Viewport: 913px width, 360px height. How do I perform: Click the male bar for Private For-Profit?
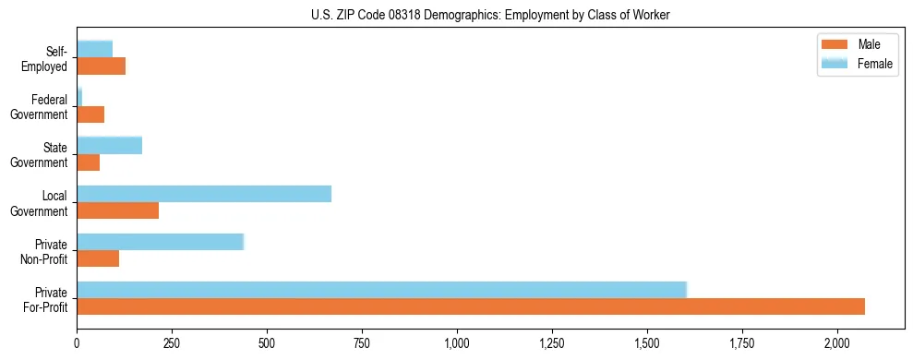coord(471,306)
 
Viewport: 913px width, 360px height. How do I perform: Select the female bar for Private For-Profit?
coord(381,289)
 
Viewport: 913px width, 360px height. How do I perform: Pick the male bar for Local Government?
coord(118,210)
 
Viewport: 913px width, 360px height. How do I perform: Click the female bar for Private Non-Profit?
coord(160,241)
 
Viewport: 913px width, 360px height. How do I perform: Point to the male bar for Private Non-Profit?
coord(98,258)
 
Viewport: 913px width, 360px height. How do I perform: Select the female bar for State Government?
coord(109,145)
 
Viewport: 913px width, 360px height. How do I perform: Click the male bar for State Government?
coord(88,162)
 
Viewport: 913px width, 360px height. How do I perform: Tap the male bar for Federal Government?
coord(90,114)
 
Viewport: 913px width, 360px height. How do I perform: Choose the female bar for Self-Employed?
coord(94,49)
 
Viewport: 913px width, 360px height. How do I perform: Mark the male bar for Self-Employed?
coord(101,66)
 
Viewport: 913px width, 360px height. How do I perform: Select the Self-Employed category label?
coord(47,58)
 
